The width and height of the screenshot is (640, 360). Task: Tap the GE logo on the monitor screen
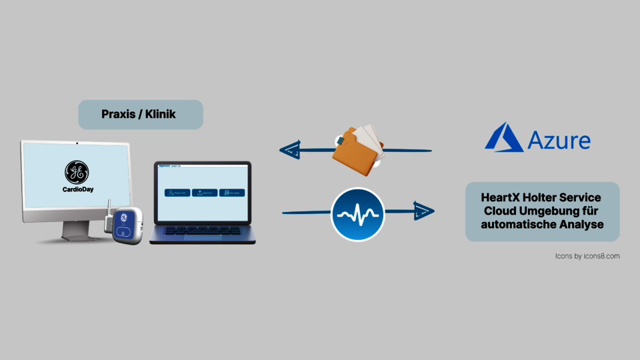pos(75,172)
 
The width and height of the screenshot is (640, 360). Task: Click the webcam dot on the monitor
pos(77,143)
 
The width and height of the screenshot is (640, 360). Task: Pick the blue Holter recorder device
pos(127,225)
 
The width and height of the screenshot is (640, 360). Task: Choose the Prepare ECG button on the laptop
pos(177,193)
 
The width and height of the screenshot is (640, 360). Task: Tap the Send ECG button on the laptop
pos(205,193)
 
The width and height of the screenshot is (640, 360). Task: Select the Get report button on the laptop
pos(232,193)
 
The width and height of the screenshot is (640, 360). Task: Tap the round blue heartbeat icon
pos(358,215)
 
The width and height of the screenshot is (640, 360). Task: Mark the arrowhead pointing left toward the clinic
pos(290,151)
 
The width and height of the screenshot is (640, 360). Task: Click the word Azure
pos(559,141)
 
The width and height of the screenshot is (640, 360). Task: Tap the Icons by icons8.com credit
pos(587,255)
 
